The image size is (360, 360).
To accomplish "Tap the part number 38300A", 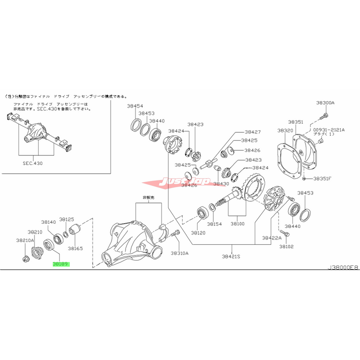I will point(325,103).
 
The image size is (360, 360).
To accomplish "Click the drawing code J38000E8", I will point(343,267).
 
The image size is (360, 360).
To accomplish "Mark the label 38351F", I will point(323,178).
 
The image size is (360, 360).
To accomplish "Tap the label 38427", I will point(253,132).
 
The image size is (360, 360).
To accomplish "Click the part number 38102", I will point(286,247).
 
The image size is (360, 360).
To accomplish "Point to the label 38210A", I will point(26,240).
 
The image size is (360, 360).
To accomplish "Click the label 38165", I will point(75,248).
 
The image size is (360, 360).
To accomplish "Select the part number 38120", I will point(198,233).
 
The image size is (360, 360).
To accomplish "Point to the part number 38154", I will point(215,224).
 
